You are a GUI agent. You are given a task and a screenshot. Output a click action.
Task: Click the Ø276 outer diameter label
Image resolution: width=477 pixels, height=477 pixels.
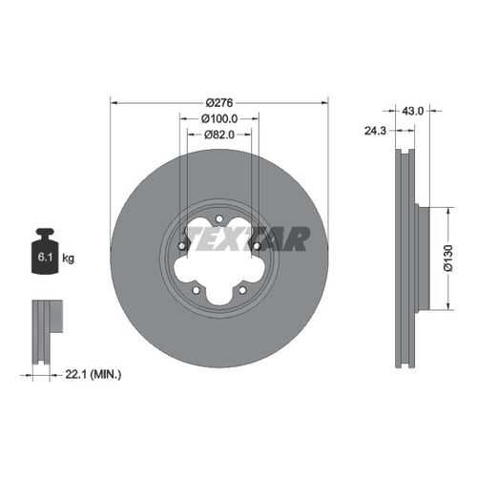219,103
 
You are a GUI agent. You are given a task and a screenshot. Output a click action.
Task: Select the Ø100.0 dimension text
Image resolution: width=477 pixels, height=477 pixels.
219,119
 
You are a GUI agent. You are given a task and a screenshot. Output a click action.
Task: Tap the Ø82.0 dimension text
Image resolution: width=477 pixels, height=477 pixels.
219,135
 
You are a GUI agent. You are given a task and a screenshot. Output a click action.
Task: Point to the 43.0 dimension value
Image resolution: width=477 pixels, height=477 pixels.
412,111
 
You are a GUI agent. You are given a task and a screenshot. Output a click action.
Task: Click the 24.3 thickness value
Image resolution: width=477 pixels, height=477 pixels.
375,131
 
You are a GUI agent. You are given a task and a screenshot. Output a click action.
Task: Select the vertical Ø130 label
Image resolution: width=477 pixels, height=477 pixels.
448,258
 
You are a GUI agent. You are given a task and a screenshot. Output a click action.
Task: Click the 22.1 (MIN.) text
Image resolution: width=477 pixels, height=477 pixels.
93,374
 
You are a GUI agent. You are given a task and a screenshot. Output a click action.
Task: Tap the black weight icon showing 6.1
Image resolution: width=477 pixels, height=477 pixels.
46,251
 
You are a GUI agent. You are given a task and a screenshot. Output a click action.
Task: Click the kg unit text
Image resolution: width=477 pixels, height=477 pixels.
68,258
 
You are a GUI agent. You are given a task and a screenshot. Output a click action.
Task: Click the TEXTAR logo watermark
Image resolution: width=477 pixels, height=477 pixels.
249,238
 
